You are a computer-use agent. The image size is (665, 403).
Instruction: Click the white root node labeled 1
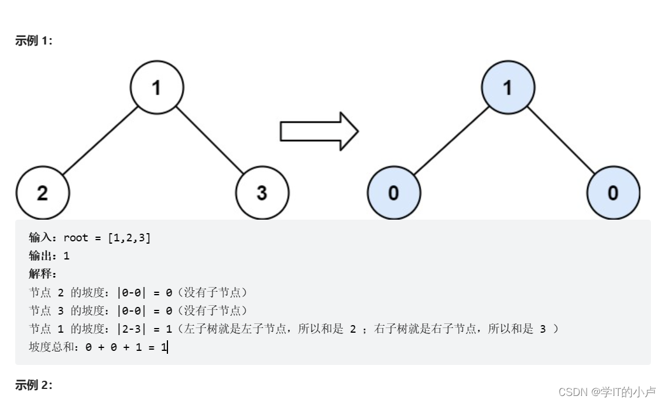[x=156, y=88]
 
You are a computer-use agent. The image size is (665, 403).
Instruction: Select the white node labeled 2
[x=43, y=193]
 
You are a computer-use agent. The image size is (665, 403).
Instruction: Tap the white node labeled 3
[x=262, y=193]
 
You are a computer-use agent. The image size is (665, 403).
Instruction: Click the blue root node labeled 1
[x=508, y=88]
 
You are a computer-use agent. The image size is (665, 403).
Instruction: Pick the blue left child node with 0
[x=393, y=193]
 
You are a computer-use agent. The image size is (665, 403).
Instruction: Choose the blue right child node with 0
[x=613, y=193]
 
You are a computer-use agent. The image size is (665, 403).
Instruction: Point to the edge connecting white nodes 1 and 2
[x=100, y=140]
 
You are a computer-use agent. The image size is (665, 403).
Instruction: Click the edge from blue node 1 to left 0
[x=451, y=140]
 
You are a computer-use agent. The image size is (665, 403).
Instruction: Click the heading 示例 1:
[x=33, y=41]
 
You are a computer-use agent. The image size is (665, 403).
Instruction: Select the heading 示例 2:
[x=33, y=385]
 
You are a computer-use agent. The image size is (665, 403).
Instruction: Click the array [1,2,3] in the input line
[x=129, y=238]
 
